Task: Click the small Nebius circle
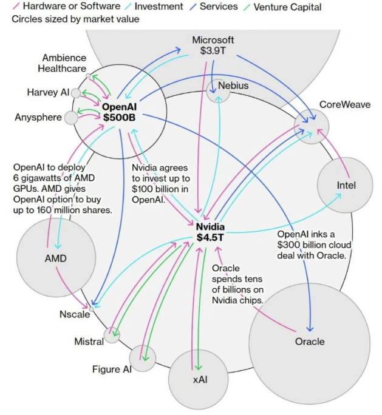coord(218,90)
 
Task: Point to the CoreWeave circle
coord(312,127)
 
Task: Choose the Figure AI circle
coord(143,358)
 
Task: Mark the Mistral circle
coord(112,335)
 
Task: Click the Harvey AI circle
coord(76,93)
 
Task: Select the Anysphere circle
coord(71,117)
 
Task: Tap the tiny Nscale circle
coord(91,308)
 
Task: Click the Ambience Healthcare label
coord(64,63)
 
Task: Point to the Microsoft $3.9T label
coord(213,46)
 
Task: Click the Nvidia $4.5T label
coord(211,232)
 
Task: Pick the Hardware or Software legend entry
coord(67,7)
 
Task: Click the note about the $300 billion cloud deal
coord(313,245)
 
